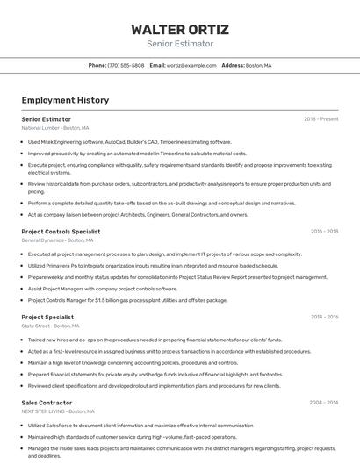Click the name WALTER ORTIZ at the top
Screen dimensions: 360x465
coord(179,29)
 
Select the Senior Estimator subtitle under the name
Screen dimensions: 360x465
coord(179,43)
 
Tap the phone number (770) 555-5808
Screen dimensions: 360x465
coord(126,65)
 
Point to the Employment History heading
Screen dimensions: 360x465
coord(65,100)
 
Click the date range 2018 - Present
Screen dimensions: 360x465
coord(320,118)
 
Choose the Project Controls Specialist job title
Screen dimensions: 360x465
coord(61,232)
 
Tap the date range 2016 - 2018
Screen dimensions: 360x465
coord(324,232)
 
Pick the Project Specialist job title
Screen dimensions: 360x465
coord(47,317)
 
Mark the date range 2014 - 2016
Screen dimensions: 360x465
coord(324,317)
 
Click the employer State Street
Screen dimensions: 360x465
coord(36,325)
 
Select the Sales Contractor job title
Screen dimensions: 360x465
coord(46,403)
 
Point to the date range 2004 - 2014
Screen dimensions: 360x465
coord(323,403)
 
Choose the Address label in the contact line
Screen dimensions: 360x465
coord(233,65)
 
